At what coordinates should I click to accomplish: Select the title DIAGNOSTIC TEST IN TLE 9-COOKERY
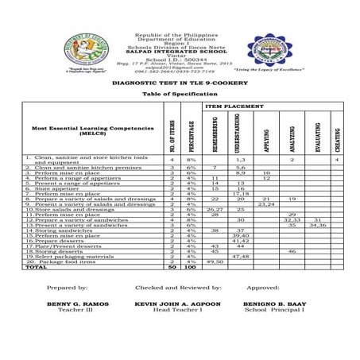[173, 82]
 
